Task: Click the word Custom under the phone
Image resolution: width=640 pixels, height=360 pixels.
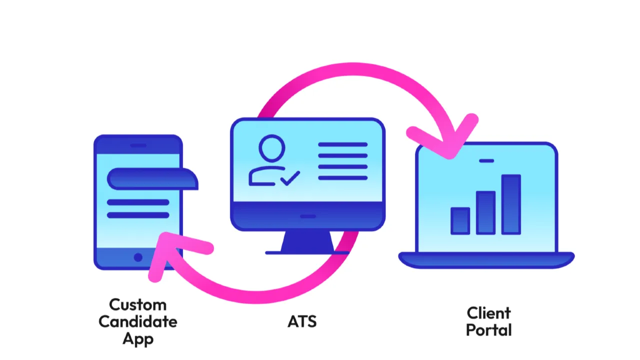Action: (137, 304)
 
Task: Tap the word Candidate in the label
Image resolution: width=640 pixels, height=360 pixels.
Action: (137, 321)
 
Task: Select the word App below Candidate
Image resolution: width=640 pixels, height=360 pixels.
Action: (137, 338)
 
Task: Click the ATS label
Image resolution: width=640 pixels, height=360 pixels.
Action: (302, 321)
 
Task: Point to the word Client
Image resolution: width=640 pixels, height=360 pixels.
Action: (488, 313)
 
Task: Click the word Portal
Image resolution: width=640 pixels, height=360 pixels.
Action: (488, 330)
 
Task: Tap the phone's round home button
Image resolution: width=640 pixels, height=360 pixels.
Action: (138, 257)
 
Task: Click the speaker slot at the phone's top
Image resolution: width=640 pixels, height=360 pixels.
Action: (138, 145)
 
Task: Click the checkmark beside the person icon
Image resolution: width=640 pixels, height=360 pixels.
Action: (290, 177)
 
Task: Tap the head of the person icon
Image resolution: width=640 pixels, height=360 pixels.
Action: (272, 148)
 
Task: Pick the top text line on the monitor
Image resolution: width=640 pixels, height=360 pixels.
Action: (342, 144)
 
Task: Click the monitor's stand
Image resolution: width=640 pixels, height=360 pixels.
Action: (307, 242)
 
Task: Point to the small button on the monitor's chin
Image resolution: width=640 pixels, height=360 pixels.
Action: (307, 216)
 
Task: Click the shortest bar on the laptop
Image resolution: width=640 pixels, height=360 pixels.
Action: (460, 220)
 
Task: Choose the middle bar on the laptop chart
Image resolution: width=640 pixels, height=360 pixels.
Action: (485, 212)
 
